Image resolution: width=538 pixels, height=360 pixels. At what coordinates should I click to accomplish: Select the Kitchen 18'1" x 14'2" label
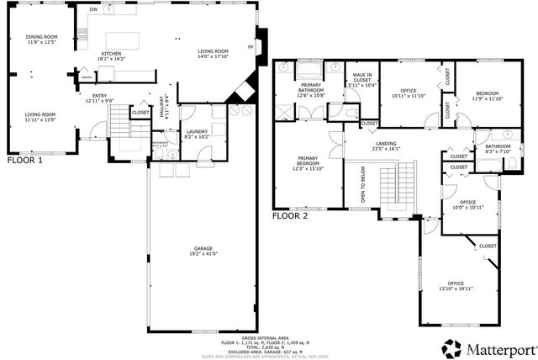click(111, 56)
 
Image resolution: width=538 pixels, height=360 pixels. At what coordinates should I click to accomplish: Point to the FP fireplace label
click(250, 46)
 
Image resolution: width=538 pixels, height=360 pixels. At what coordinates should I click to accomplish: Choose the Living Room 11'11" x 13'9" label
click(40, 117)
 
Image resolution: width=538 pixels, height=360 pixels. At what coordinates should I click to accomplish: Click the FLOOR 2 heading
click(291, 216)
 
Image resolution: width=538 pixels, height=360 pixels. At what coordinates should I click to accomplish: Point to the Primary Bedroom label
click(310, 162)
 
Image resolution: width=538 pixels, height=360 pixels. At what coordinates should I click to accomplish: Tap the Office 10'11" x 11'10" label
click(409, 93)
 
